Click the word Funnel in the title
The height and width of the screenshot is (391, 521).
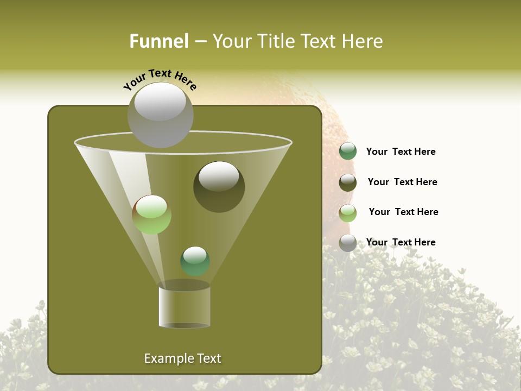click(x=158, y=41)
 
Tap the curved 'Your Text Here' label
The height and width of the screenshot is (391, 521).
click(x=160, y=79)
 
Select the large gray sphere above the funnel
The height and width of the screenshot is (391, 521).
click(x=160, y=115)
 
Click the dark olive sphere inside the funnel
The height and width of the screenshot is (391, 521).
click(x=219, y=187)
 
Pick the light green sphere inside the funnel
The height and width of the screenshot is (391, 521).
click(x=151, y=215)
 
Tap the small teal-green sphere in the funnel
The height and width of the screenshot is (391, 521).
click(x=195, y=261)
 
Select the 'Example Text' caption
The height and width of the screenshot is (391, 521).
click(x=182, y=358)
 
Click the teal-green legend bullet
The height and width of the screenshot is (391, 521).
click(x=348, y=152)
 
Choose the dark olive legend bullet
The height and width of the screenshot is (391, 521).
click(x=348, y=182)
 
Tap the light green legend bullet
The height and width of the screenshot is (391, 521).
click(x=348, y=213)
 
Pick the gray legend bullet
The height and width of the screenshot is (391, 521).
click(x=348, y=243)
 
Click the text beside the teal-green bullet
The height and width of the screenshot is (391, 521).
click(x=401, y=152)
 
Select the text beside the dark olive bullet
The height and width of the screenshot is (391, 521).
click(x=402, y=182)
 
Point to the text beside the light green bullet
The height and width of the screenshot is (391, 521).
click(x=403, y=212)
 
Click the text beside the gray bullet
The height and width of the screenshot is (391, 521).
click(x=401, y=242)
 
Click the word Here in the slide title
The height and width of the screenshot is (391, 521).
click(x=363, y=41)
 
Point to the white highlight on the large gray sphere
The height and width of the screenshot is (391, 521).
click(x=160, y=102)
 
